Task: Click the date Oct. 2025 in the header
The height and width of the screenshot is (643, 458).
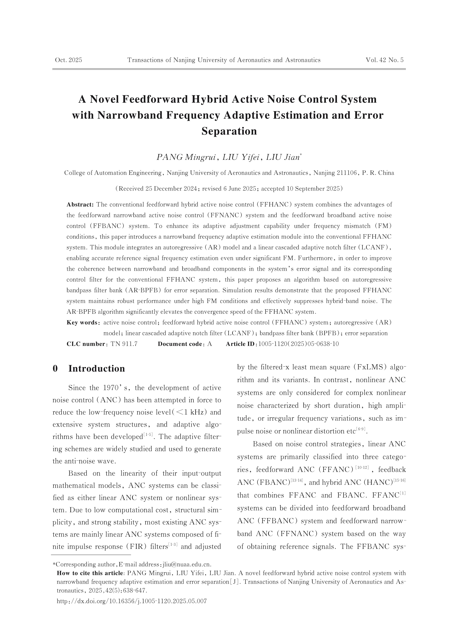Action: pyautogui.click(x=69, y=60)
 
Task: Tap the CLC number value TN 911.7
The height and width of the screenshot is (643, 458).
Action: pyautogui.click(x=124, y=344)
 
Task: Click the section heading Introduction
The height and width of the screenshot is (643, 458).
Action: pyautogui.click(x=96, y=368)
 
